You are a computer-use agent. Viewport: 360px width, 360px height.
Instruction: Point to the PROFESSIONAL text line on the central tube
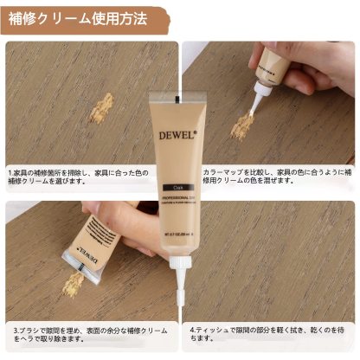click(179, 198)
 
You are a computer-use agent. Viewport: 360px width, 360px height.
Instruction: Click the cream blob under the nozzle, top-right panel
click(244, 126)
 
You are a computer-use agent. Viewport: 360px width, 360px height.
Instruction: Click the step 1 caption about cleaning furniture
click(87, 177)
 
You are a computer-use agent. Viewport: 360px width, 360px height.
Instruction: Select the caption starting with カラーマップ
click(274, 177)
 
